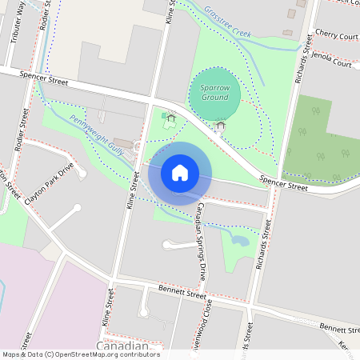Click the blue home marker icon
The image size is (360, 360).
[180, 173]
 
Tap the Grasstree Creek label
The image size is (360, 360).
[227, 23]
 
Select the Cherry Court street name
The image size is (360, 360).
[336, 36]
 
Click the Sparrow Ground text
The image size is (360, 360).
[214, 92]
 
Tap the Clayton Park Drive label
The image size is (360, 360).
[49, 183]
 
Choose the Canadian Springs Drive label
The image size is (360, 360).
[202, 240]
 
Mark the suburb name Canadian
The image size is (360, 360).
[122, 346]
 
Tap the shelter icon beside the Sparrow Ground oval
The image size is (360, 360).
[220, 126]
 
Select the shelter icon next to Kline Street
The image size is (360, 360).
[170, 118]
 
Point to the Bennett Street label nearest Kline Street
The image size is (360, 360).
[182, 294]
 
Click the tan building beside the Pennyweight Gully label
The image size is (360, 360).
[124, 143]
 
